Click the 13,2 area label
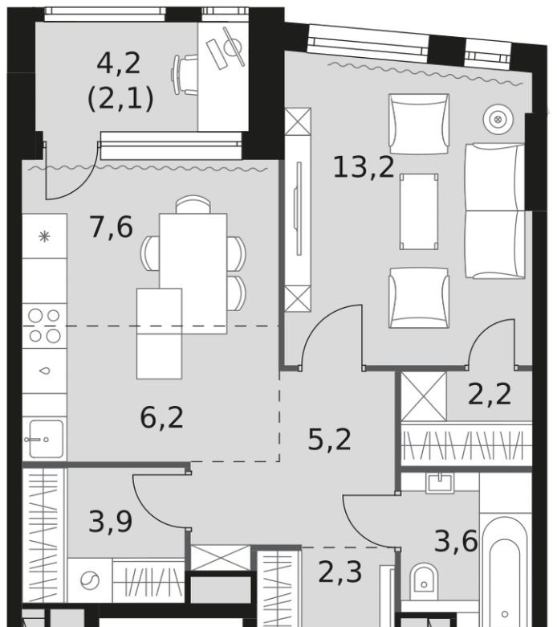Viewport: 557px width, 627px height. [x=364, y=167]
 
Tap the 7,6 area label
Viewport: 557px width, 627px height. [x=112, y=227]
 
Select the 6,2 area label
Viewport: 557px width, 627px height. [x=161, y=417]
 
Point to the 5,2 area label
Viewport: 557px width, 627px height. [x=329, y=440]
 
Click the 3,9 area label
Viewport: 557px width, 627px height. [x=110, y=522]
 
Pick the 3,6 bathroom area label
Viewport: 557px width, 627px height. [x=456, y=542]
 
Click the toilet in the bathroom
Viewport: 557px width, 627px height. [x=424, y=581]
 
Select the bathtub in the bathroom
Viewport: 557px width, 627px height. [x=505, y=576]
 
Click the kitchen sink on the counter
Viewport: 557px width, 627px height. [x=45, y=439]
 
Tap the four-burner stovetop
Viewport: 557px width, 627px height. [x=44, y=326]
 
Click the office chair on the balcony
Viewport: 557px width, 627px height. [x=185, y=75]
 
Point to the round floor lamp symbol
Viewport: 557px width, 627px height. [x=498, y=119]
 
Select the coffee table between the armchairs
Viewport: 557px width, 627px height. [x=419, y=211]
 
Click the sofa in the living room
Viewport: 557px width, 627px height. [x=494, y=211]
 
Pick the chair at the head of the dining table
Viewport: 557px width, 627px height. [x=193, y=204]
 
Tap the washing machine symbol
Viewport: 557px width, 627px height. [x=90, y=580]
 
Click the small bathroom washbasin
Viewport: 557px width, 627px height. [x=440, y=482]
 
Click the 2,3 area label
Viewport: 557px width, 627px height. [x=340, y=572]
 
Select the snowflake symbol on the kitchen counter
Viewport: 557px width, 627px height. [x=44, y=236]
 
